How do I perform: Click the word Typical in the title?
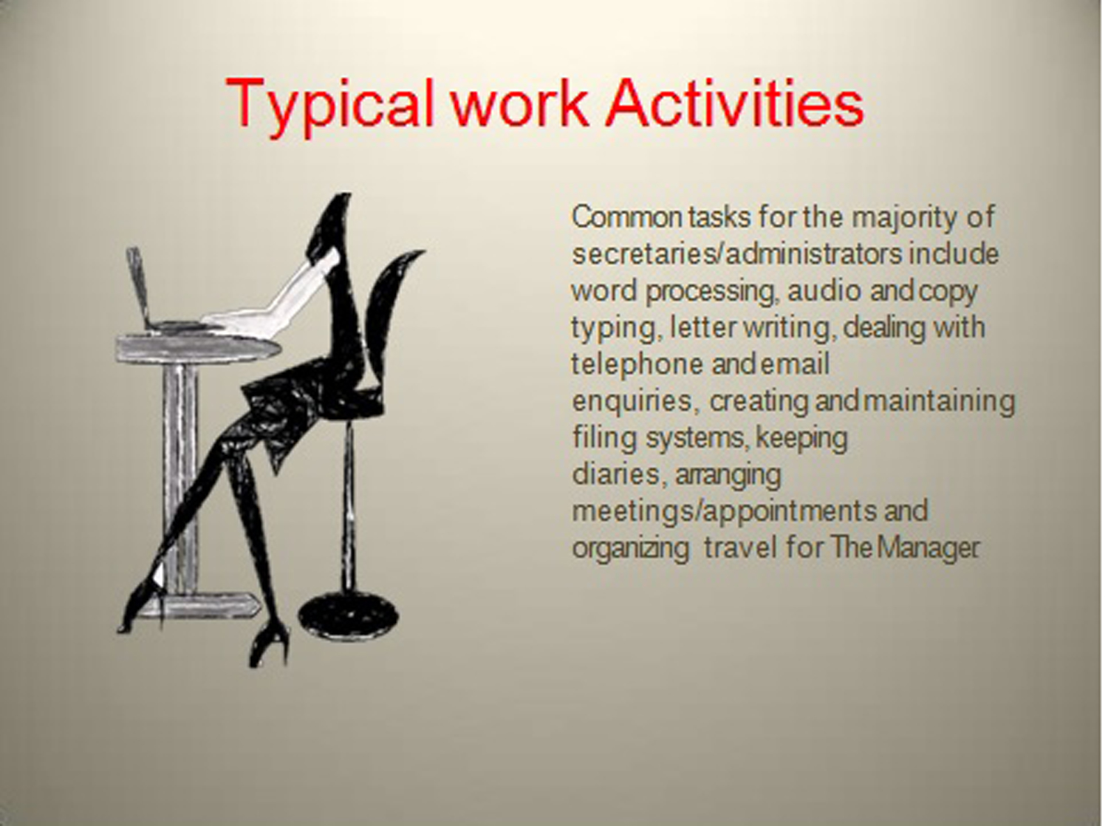pos(329,106)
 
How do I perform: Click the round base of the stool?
pos(348,617)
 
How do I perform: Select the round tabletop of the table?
pos(198,349)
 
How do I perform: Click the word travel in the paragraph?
pos(740,548)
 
